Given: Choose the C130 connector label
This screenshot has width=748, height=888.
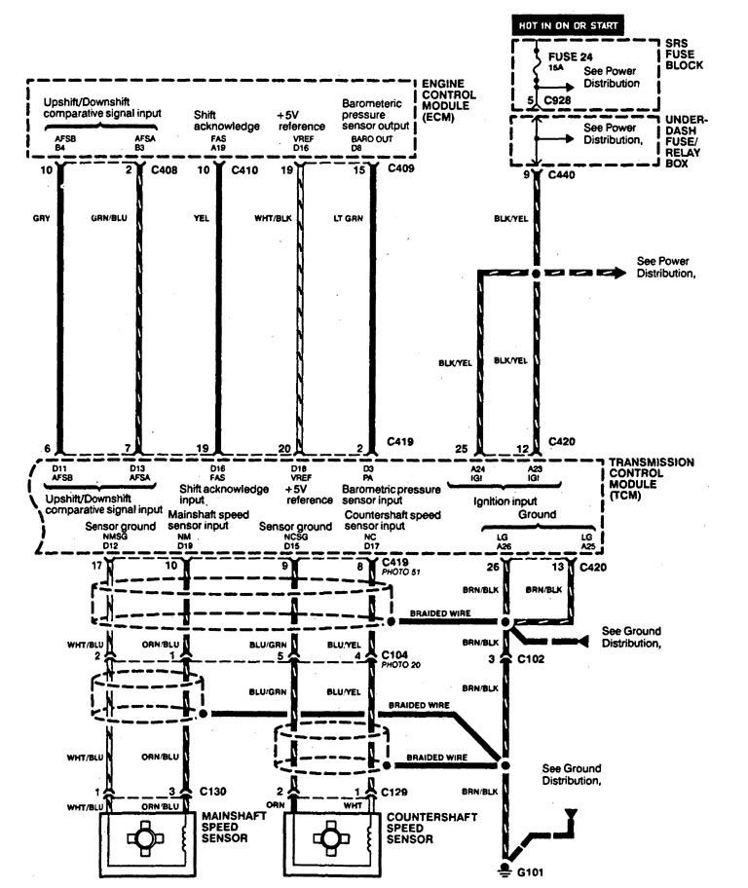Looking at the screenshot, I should tap(213, 793).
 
